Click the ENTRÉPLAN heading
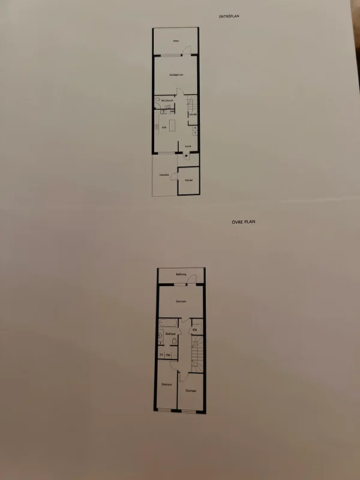pos(230,17)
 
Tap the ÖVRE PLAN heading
pos(244,221)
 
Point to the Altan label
pos(176,41)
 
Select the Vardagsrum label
pos(176,74)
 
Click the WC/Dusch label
pos(166,100)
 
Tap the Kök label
pos(164,127)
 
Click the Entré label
pos(188,146)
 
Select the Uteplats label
pos(163,175)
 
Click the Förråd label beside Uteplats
pos(188,179)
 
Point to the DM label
pos(172,112)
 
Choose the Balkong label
pos(181,274)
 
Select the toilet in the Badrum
pos(173,342)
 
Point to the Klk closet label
pos(195,329)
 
